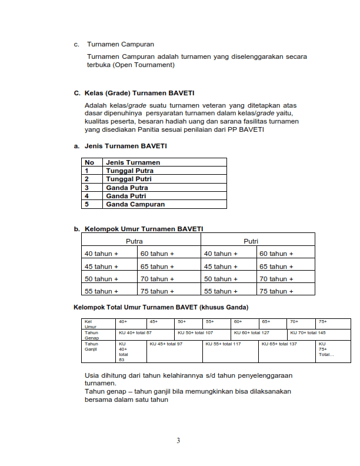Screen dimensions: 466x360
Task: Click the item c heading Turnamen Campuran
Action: (120, 44)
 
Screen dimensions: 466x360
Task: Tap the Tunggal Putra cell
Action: (129, 171)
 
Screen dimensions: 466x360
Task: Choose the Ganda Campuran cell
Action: (135, 204)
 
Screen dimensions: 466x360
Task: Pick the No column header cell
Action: (90, 162)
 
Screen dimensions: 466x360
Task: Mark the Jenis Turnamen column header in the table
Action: (133, 162)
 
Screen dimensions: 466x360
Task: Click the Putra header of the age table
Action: (134, 241)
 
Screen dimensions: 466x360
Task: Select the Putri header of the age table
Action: (251, 241)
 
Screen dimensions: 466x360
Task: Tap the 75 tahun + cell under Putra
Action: (157, 291)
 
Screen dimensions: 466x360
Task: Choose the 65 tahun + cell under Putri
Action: (276, 266)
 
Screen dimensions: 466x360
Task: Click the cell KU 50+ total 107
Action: (195, 332)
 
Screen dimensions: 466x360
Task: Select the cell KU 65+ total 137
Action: (279, 344)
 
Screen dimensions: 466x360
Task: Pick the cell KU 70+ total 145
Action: (308, 332)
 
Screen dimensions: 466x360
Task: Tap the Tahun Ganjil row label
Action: (92, 347)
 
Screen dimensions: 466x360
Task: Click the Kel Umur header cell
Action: (91, 324)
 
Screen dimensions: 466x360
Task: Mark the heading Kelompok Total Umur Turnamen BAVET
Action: (161, 307)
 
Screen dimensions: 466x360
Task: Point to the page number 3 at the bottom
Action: (178, 441)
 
